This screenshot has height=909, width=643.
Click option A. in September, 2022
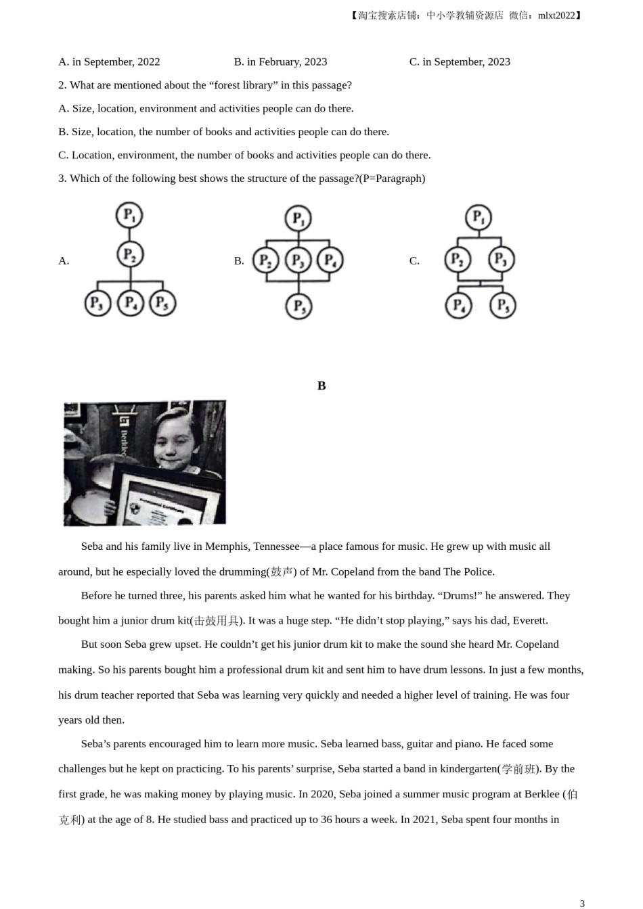109,62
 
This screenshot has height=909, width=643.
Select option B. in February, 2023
280,62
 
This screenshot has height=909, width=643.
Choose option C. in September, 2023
460,62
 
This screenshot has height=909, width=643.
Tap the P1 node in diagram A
129,216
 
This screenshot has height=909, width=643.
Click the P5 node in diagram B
298,306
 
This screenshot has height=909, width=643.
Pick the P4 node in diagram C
459,305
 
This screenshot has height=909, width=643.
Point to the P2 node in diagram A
129,254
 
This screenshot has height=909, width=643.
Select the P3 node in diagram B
298,260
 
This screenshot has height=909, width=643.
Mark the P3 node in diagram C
501,259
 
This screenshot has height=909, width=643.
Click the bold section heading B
321,386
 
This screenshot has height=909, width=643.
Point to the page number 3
582,903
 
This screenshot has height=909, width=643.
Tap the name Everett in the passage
530,620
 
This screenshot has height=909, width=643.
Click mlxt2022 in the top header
556,16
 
